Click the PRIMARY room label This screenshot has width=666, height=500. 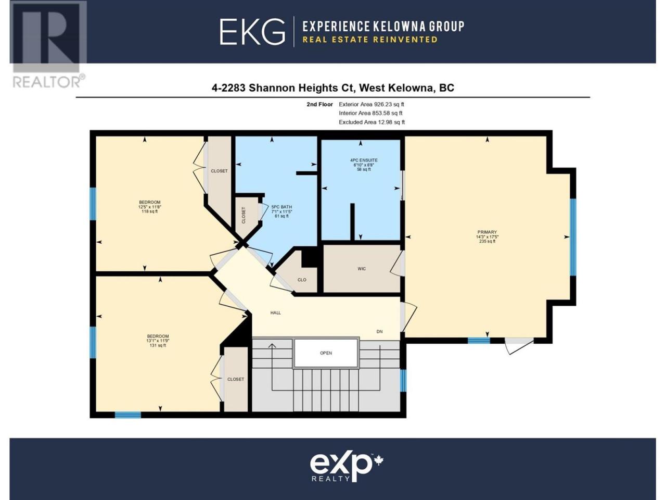click(x=487, y=236)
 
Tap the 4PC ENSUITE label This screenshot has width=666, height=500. click(x=364, y=165)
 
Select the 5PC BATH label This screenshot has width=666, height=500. click(x=281, y=211)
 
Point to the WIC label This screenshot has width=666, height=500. click(x=362, y=269)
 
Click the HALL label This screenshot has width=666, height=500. click(x=275, y=312)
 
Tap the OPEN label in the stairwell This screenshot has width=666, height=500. click(x=326, y=353)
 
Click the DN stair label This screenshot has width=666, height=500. click(x=379, y=332)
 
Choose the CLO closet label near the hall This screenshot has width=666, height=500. click(x=302, y=280)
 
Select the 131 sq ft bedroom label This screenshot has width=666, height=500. click(x=158, y=341)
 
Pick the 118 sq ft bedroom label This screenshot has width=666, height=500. click(x=149, y=207)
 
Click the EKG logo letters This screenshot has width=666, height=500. click(x=252, y=32)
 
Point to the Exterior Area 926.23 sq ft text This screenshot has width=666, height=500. click(x=372, y=105)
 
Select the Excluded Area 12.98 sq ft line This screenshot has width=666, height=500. click(x=372, y=122)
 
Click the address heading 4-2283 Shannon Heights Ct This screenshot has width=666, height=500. click(x=283, y=87)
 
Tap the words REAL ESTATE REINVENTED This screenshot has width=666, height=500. click(x=370, y=40)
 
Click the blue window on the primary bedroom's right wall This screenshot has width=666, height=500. click(x=572, y=237)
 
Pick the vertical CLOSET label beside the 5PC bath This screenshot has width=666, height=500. click(x=244, y=215)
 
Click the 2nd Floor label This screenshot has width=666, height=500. click(x=319, y=105)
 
